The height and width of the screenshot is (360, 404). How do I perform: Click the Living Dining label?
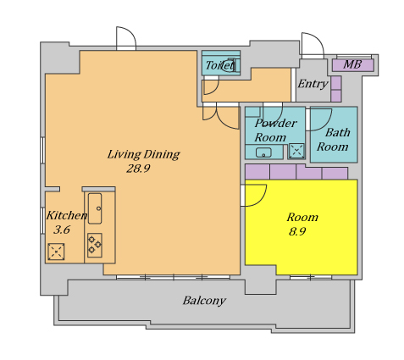pyautogui.click(x=143, y=154)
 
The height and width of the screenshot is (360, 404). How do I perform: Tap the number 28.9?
pyautogui.click(x=138, y=169)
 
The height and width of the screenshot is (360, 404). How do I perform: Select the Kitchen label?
pyautogui.click(x=67, y=215)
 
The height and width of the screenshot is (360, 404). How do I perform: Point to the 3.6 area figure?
pyautogui.click(x=62, y=230)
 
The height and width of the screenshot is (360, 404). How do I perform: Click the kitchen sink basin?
pyautogui.click(x=95, y=208)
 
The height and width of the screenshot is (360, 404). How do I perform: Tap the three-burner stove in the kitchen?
pyautogui.click(x=95, y=245)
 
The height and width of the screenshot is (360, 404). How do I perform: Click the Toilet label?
pyautogui.click(x=219, y=65)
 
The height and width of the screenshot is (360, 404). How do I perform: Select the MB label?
pyautogui.click(x=352, y=64)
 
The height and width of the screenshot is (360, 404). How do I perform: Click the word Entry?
pyautogui.click(x=313, y=84)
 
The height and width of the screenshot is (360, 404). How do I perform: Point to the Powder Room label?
pyautogui.click(x=275, y=130)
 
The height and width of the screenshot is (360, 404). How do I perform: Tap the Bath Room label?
pyautogui.click(x=334, y=140)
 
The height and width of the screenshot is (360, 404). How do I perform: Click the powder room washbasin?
pyautogui.click(x=263, y=152)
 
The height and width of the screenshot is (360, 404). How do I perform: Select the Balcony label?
pyautogui.click(x=204, y=301)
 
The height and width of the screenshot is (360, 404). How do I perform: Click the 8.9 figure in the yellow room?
pyautogui.click(x=297, y=231)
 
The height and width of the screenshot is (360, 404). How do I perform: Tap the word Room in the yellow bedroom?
pyautogui.click(x=302, y=217)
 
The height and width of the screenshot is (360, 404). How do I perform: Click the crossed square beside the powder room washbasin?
pyautogui.click(x=296, y=151)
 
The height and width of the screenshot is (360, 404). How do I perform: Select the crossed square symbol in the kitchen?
pyautogui.click(x=56, y=252)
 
